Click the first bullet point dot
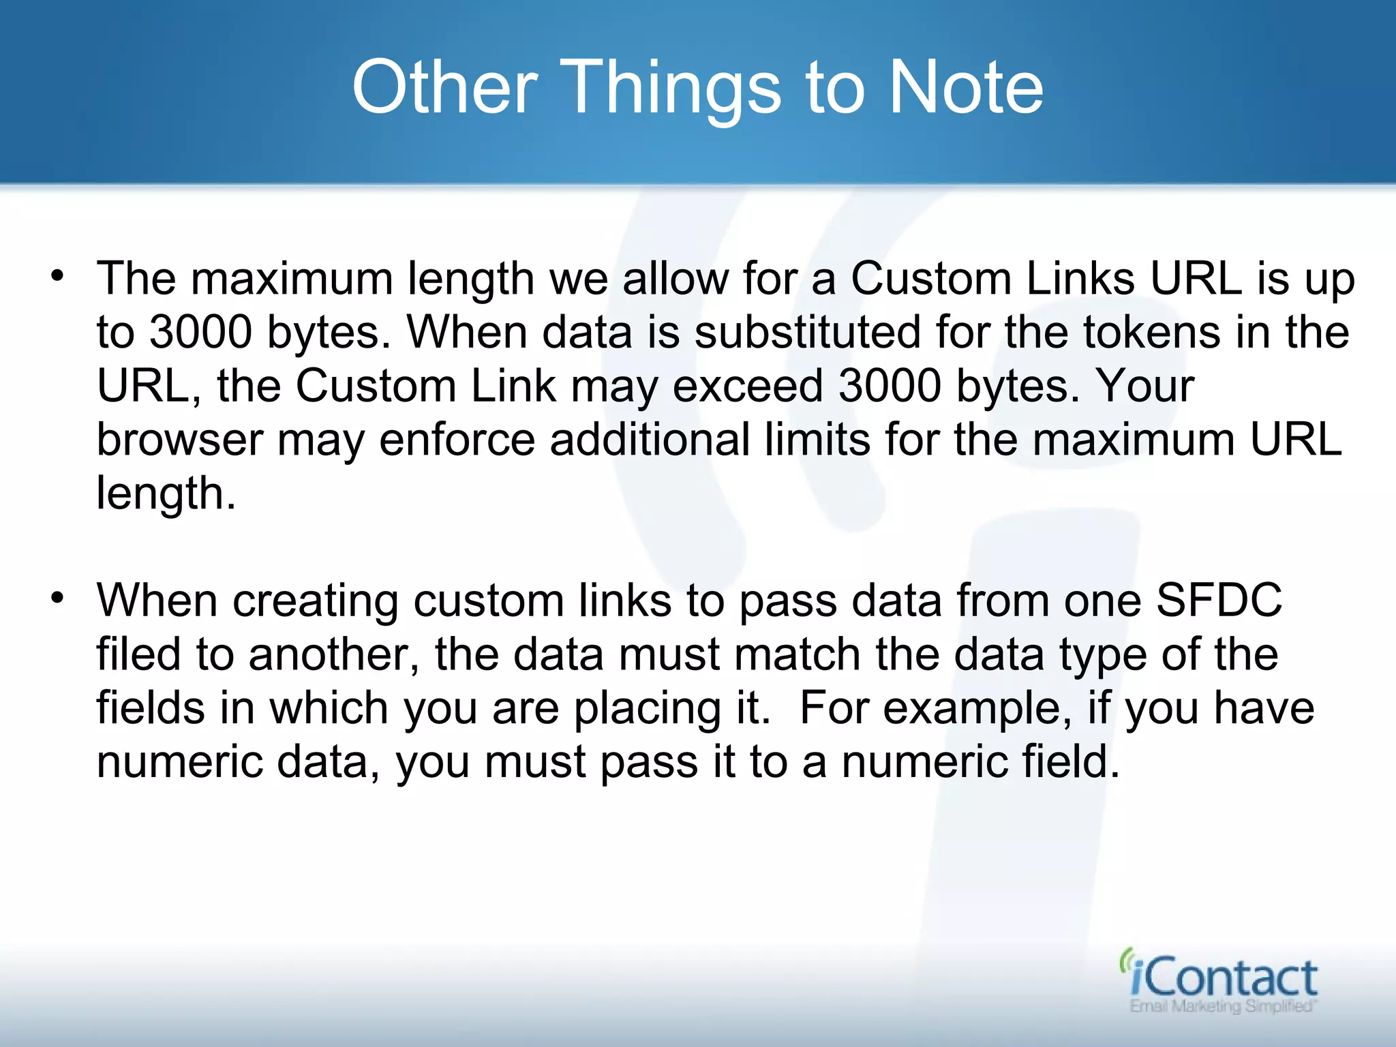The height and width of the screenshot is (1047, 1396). point(57,276)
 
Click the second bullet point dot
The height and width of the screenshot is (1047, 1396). point(57,598)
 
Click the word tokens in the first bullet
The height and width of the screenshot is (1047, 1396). point(1151,332)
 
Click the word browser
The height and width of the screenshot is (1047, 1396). point(179,440)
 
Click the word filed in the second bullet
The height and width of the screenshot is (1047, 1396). point(138,654)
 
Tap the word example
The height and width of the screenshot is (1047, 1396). point(972,709)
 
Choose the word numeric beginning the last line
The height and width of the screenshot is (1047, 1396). point(179,761)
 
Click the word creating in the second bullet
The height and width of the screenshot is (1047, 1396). point(315,601)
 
